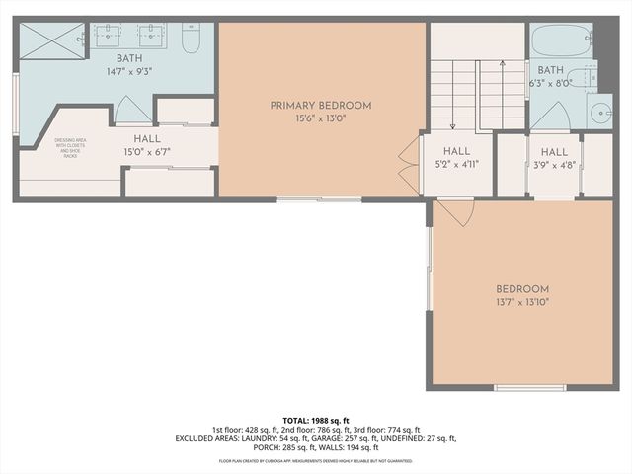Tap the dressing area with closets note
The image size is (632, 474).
pos(69,148)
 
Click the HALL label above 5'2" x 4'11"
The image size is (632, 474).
pos(456,151)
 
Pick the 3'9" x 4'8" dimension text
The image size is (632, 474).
pos(553,165)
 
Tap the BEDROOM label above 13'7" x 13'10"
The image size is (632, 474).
pos(521,289)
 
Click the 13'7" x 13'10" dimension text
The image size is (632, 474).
pos(521,303)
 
